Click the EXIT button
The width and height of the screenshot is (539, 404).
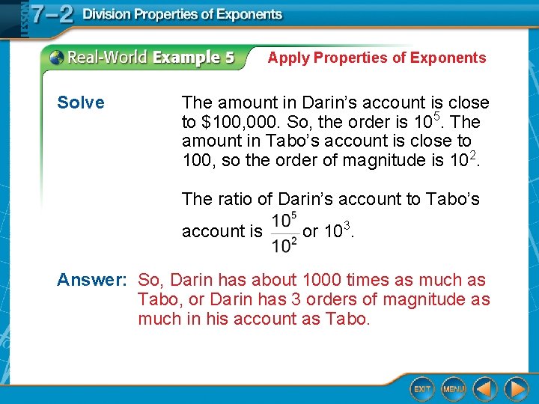click(423, 389)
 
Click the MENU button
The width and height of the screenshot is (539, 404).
click(454, 389)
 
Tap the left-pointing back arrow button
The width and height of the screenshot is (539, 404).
click(485, 389)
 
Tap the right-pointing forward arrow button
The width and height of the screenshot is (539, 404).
click(516, 389)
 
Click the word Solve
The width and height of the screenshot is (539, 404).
click(81, 103)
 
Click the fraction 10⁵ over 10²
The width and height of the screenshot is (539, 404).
click(284, 233)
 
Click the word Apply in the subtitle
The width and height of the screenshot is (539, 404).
click(288, 58)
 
